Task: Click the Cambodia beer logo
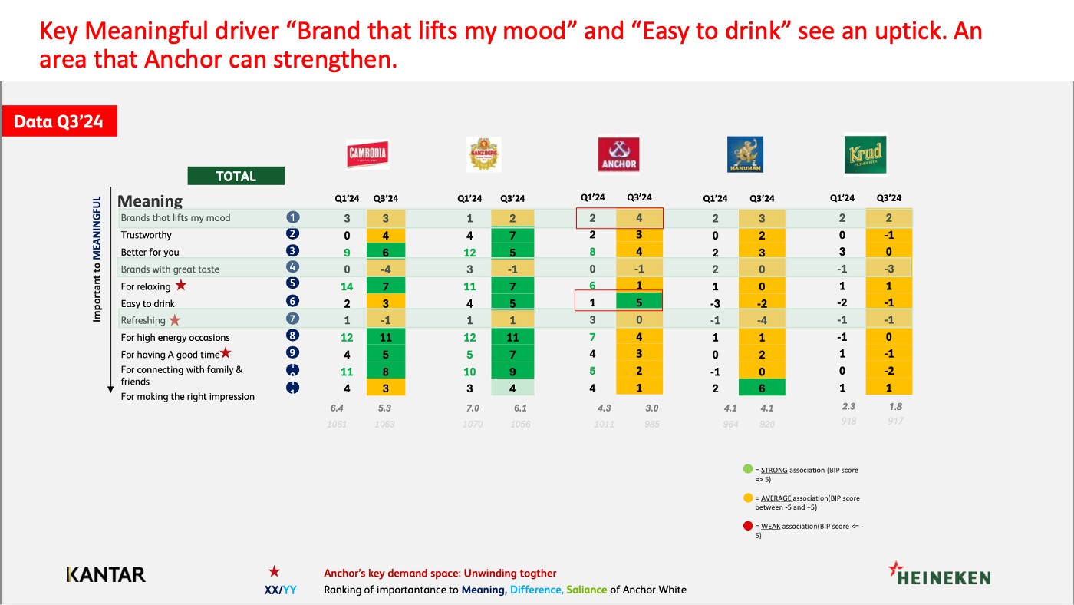coord(367,154)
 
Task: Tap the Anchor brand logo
coord(618,154)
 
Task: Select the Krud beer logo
coord(865,154)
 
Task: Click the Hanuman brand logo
coord(745,154)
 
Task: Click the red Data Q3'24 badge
coord(59,121)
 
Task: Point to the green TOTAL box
coord(236,176)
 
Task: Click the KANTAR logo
coord(106,574)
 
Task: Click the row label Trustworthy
coord(147,235)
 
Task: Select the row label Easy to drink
coord(148,303)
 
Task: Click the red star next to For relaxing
coord(181,286)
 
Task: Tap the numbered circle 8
coord(292,336)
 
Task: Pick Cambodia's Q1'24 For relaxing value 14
coord(347,286)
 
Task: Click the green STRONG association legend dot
coord(746,470)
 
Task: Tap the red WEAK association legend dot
coord(746,526)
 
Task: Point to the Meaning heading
coord(150,201)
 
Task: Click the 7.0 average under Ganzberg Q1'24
coord(471,408)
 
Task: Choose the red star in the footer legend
coord(274,572)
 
